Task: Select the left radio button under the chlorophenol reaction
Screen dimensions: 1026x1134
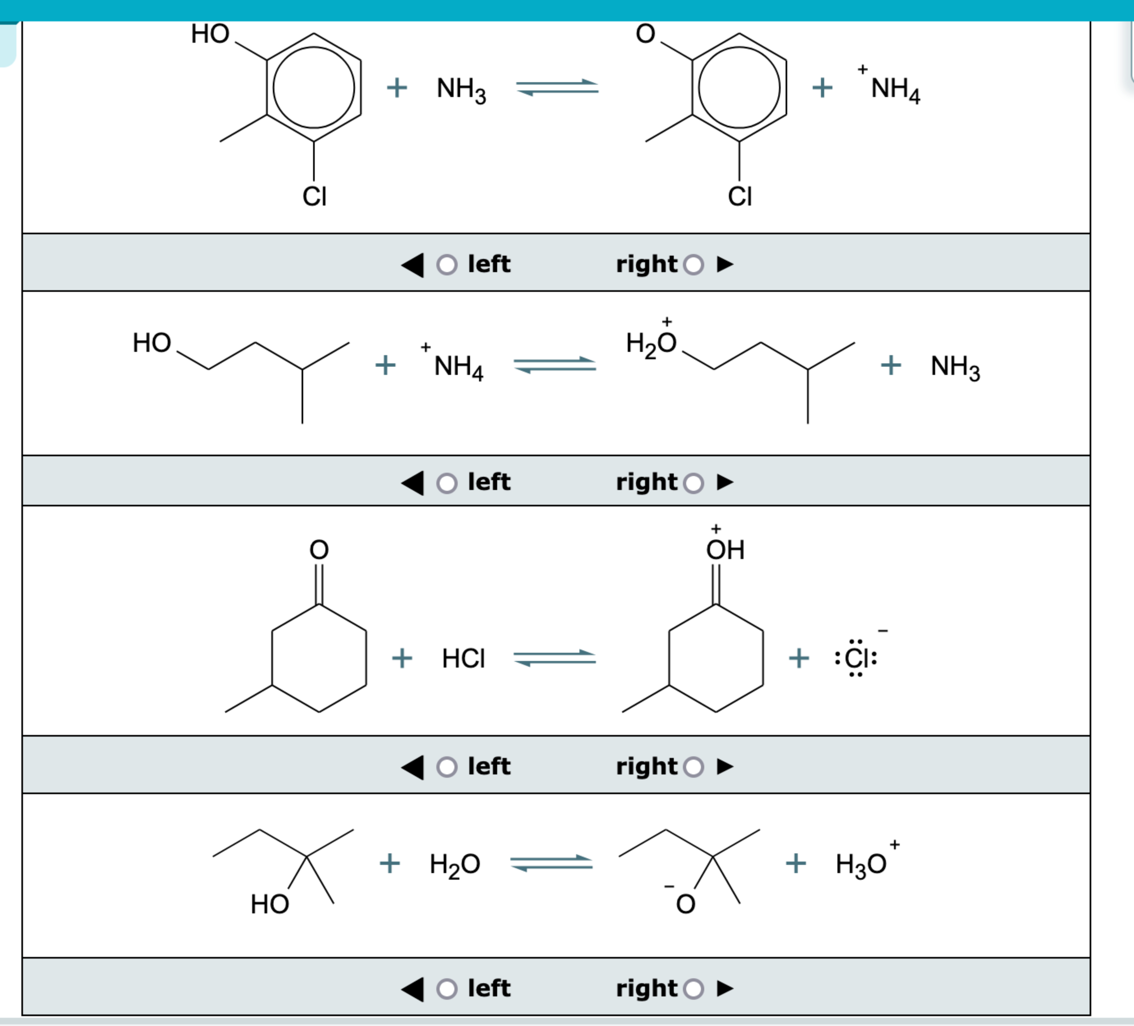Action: [447, 265]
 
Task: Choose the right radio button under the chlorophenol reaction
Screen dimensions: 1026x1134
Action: [694, 265]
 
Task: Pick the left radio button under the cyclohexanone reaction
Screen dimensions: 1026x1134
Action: [447, 767]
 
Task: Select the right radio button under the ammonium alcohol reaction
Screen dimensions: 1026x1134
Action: [694, 482]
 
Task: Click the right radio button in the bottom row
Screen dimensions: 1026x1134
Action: [694, 988]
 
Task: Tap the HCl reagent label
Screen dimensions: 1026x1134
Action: [463, 658]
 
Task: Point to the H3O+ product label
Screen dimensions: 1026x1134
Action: [863, 863]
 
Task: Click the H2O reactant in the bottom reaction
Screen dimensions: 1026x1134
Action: [454, 863]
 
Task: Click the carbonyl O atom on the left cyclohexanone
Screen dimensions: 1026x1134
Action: [319, 549]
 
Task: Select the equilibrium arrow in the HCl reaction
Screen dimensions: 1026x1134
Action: [555, 658]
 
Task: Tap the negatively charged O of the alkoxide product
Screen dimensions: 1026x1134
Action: [685, 904]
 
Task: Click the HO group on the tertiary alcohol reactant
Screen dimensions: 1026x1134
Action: [270, 904]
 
